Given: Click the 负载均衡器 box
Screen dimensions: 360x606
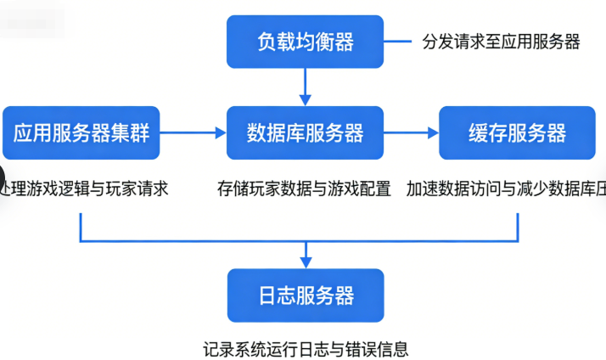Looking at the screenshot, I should [x=306, y=41].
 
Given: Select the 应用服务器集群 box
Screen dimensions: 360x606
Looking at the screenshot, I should [x=81, y=132].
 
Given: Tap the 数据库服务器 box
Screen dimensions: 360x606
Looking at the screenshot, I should [x=306, y=132].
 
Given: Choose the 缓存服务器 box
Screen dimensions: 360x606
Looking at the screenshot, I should [x=517, y=132].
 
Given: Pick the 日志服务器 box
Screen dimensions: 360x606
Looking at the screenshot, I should [x=306, y=295].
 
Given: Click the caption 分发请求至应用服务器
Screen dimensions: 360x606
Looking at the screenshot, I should [x=501, y=42].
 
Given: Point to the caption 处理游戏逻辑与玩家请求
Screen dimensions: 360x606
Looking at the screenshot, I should [x=85, y=188].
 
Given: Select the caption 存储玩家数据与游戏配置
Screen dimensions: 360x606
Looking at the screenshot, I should [x=304, y=188].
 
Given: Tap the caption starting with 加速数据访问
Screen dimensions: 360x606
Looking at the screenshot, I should [x=506, y=188].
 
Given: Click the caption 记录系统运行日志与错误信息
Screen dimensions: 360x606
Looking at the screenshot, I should [x=306, y=348].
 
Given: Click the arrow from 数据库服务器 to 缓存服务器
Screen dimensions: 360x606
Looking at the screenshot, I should [x=411, y=132].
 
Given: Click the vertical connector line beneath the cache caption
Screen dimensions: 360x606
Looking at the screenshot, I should [x=518, y=225].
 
